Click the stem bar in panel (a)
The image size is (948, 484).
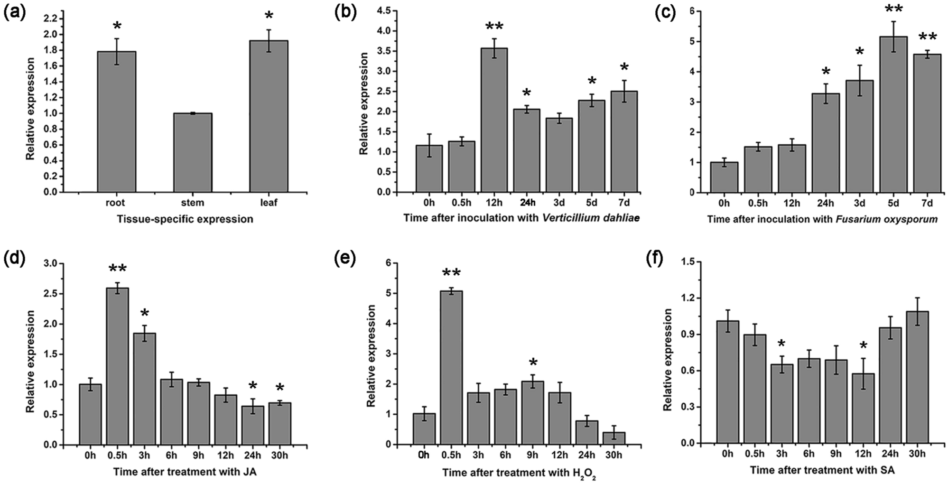click(192, 153)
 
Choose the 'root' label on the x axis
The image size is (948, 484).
click(116, 203)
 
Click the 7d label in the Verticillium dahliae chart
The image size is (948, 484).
click(624, 203)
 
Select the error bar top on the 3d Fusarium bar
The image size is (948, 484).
click(860, 65)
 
